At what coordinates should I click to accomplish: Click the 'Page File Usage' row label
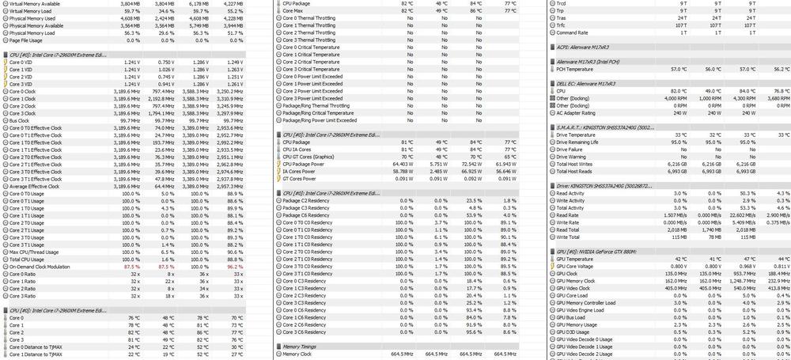tap(27, 40)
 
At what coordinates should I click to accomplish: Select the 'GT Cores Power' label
tap(301, 179)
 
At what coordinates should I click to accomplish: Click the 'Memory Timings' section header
tap(300, 346)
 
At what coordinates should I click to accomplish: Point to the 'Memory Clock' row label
tap(299, 354)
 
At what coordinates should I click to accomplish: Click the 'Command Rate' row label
tap(572, 32)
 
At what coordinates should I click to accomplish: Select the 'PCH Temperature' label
tap(577, 69)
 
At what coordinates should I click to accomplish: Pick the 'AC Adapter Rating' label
tap(578, 112)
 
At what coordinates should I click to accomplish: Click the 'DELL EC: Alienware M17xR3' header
tap(586, 83)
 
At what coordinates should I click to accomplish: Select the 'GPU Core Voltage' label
tap(578, 267)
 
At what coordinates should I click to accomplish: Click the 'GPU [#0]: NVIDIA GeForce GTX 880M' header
tap(598, 252)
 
